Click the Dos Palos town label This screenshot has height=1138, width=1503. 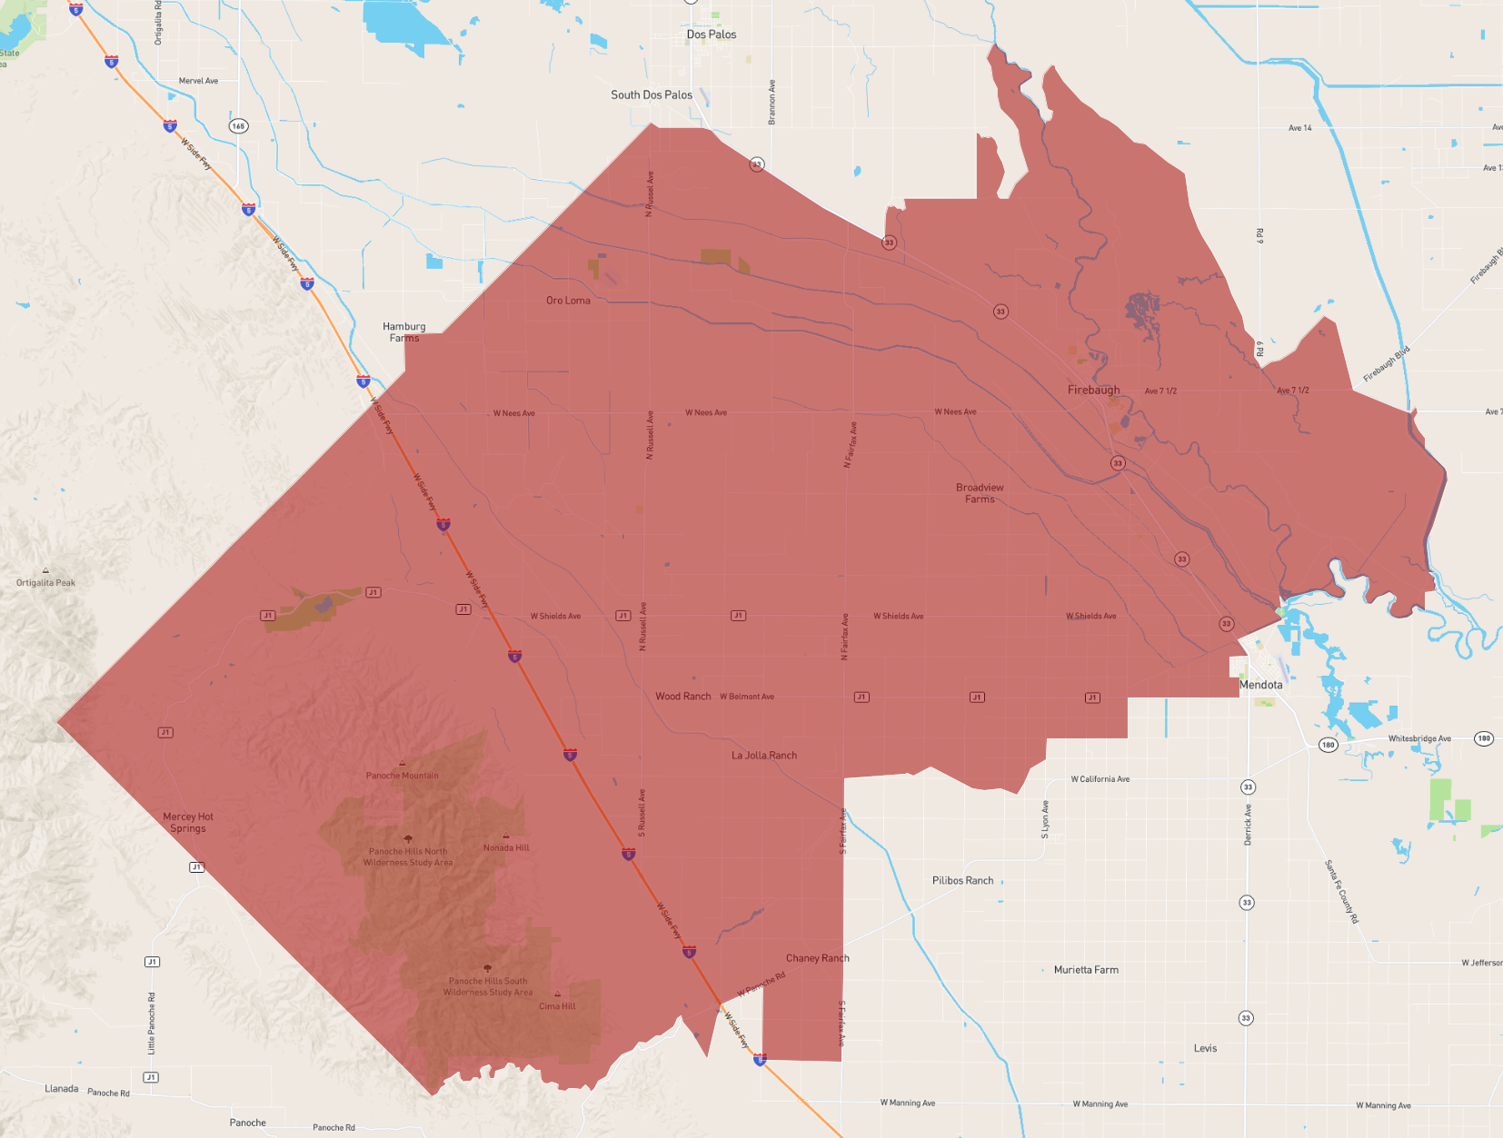(712, 35)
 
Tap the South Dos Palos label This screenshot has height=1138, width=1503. (652, 94)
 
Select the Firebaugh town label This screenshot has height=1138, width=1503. (1093, 390)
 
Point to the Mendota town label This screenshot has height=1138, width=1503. (1261, 685)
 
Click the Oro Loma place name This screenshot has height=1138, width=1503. (568, 301)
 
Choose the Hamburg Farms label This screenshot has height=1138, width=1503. (404, 332)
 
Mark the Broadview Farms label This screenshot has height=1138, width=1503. (980, 493)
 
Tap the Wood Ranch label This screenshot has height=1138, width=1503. (683, 697)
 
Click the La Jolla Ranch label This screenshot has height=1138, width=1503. (764, 756)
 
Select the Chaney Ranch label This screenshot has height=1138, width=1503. (818, 958)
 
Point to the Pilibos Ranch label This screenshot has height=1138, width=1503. (962, 881)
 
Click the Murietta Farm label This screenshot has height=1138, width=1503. (1086, 970)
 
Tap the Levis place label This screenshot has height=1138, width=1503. (1205, 1048)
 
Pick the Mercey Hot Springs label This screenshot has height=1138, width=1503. (188, 823)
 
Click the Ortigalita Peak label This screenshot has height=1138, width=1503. (45, 583)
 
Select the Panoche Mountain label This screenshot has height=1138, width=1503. (402, 776)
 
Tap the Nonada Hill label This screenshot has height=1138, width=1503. (506, 847)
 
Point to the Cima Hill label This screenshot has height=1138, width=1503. (557, 1005)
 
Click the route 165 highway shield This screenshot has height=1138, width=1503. (238, 126)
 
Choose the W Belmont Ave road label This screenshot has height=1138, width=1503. (747, 697)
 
